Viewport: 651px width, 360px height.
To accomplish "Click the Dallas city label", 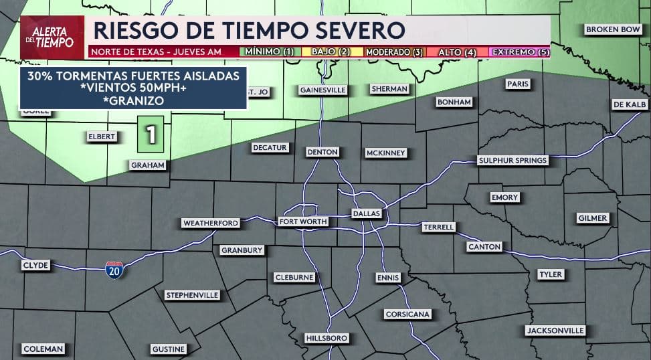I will pyautogui.click(x=366, y=213).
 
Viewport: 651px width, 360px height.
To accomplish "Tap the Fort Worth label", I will pyautogui.click(x=303, y=221).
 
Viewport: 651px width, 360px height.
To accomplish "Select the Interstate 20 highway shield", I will pyautogui.click(x=114, y=270).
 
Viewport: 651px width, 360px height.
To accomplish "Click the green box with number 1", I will pyautogui.click(x=151, y=134).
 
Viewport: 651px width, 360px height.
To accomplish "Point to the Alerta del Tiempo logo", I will pyautogui.click(x=52, y=37).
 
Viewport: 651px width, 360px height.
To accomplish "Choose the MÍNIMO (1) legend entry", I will pyautogui.click(x=269, y=52).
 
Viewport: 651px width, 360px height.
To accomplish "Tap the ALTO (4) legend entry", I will pyautogui.click(x=457, y=52).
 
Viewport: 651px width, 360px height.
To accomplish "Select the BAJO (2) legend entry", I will pyautogui.click(x=331, y=52).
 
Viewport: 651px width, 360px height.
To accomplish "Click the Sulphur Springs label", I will pyautogui.click(x=513, y=160).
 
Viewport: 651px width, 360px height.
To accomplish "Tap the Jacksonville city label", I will pyautogui.click(x=555, y=331).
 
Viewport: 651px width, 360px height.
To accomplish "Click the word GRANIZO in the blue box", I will pyautogui.click(x=133, y=100).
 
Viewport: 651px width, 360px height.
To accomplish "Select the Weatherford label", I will pyautogui.click(x=210, y=223).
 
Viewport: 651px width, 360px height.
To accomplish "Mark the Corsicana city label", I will pyautogui.click(x=407, y=314).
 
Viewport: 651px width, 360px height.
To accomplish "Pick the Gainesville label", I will pyautogui.click(x=322, y=90).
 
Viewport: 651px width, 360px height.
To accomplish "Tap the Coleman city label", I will pyautogui.click(x=43, y=349).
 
